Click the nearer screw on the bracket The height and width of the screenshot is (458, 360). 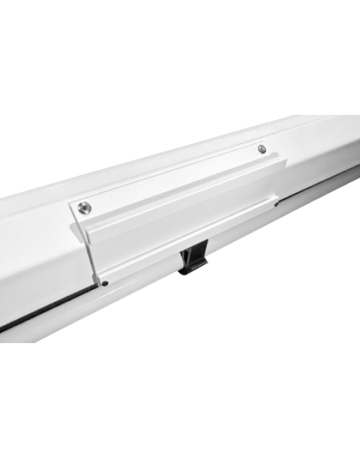[83, 207]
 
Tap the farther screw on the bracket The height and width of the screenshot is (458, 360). [261, 149]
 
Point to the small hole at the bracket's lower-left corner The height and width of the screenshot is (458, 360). [104, 282]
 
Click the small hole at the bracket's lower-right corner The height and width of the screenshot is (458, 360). [275, 203]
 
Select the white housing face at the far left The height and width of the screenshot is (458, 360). [26, 257]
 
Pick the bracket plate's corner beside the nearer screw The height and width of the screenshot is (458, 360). [71, 204]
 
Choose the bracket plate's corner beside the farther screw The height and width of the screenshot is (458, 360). [273, 143]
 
